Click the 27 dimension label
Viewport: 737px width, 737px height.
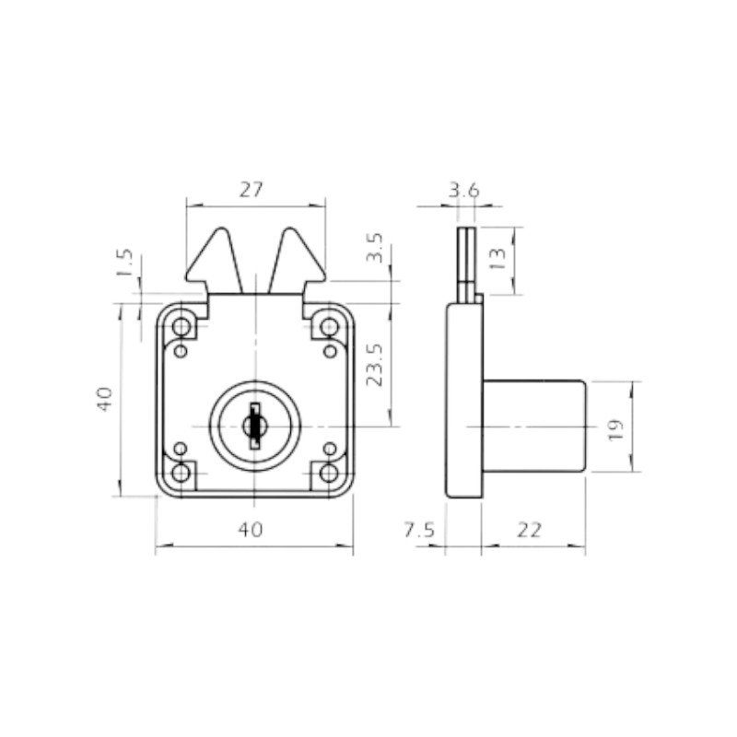click(x=251, y=190)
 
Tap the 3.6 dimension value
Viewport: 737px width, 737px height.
click(x=464, y=191)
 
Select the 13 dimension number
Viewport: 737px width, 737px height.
click(x=497, y=259)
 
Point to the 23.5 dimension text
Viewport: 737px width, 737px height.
click(x=375, y=365)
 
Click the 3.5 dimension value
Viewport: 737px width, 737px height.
click(x=375, y=248)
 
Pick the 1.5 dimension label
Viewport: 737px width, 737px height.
click(x=125, y=263)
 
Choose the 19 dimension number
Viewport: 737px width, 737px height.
click(x=615, y=429)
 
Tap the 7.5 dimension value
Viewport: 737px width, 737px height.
click(x=420, y=531)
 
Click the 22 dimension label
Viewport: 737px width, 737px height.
click(x=530, y=531)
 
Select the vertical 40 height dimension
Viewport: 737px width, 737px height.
click(x=105, y=399)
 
